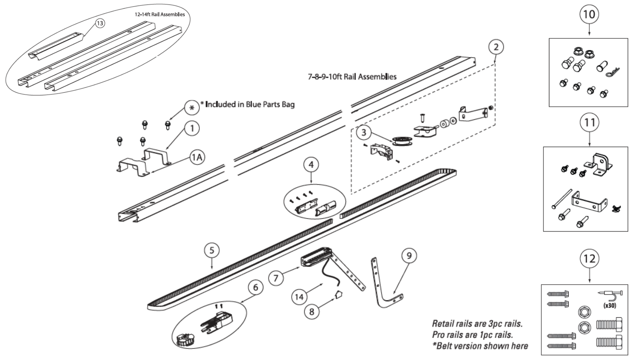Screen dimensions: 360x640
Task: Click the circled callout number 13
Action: click(100, 23)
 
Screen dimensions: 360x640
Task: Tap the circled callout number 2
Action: click(496, 47)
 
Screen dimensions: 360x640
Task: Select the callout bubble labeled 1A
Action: click(197, 157)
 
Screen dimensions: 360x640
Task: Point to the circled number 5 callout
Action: click(212, 250)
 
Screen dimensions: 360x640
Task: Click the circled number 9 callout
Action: click(409, 256)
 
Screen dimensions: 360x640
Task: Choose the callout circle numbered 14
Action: click(299, 296)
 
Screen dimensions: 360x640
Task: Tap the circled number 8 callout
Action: click(312, 311)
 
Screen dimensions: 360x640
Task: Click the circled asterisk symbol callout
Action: click(192, 108)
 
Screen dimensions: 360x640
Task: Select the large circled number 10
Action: click(589, 14)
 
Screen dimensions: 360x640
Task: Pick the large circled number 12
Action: click(589, 259)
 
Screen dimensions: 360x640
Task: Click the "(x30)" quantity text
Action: click(610, 305)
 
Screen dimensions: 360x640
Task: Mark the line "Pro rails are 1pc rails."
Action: click(472, 334)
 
